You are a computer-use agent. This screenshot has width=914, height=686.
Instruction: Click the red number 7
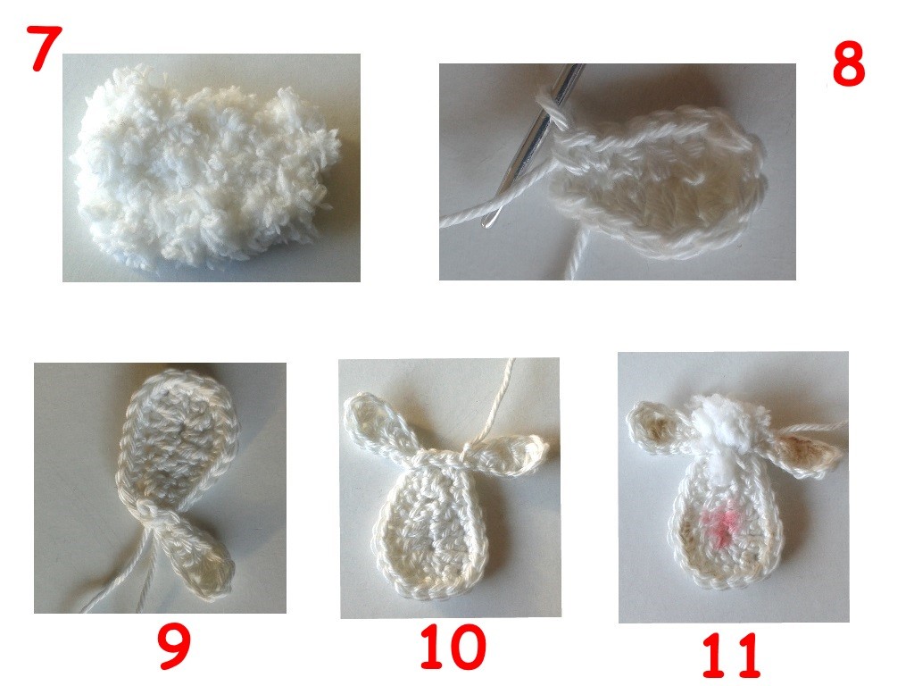click(x=44, y=49)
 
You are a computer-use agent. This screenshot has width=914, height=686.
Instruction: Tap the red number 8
click(x=848, y=66)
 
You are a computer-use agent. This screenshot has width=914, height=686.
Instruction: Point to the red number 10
click(x=453, y=647)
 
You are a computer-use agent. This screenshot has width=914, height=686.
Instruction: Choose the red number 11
click(x=731, y=656)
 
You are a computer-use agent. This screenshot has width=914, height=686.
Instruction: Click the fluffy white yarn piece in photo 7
click(x=204, y=169)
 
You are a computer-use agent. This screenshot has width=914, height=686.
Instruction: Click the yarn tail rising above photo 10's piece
click(x=494, y=403)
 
